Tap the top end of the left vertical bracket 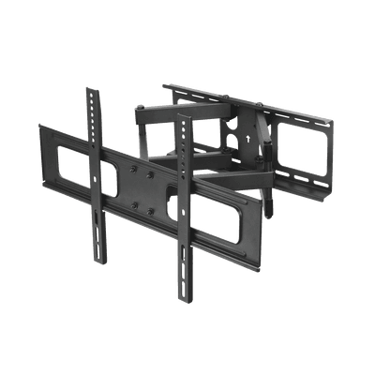pos(91,90)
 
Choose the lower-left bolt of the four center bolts pos(135,199)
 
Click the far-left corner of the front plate pos(40,127)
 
